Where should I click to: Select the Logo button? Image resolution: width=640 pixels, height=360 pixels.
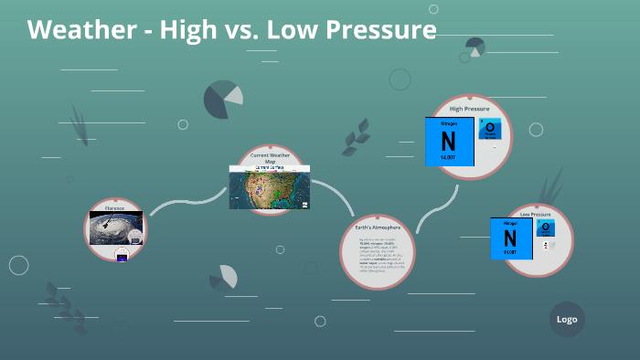coord(567,319)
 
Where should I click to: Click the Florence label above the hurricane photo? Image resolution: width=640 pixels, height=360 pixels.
coord(114,208)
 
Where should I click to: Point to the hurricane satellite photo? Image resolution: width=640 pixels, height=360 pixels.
coord(115,227)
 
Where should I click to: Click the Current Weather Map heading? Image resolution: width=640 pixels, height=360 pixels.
coord(270,158)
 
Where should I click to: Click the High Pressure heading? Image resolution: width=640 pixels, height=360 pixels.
coord(469,109)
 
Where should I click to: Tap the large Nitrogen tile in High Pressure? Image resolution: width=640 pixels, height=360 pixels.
coord(448,141)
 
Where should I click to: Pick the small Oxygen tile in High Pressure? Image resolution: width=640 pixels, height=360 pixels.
coord(490,129)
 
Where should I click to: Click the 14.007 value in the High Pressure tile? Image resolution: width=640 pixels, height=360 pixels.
coord(448,158)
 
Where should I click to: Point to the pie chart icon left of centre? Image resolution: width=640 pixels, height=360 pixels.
coord(222,99)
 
